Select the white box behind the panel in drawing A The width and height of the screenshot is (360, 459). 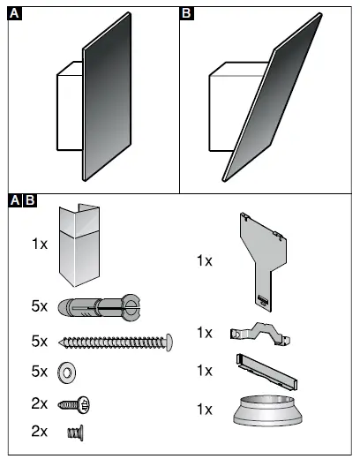pos(69,110)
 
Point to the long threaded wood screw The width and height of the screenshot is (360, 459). pos(115,341)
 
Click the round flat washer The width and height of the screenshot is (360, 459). pos(66,371)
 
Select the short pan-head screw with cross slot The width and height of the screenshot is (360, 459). pos(76,404)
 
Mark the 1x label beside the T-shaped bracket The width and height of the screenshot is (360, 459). pos(204,260)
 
